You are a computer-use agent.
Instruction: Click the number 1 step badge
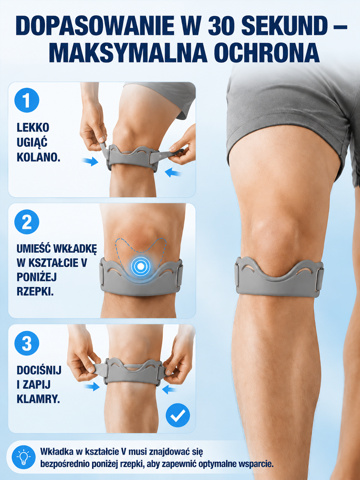[26, 100]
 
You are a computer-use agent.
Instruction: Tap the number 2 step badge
[26, 222]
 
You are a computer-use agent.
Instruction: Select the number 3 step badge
[26, 343]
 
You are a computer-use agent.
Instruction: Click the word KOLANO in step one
[38, 157]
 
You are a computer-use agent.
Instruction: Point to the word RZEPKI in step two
[35, 291]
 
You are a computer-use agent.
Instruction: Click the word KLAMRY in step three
[38, 399]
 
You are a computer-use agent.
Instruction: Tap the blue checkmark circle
[178, 415]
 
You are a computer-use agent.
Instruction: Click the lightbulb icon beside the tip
[24, 457]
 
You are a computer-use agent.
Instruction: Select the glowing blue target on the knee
[140, 266]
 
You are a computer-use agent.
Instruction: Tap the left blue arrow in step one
[90, 161]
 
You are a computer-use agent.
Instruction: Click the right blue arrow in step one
[173, 172]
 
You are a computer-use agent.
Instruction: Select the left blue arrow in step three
[92, 386]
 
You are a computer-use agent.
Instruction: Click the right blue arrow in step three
[169, 389]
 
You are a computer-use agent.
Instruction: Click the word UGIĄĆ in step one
[32, 143]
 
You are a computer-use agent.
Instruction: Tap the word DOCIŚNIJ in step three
[39, 370]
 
